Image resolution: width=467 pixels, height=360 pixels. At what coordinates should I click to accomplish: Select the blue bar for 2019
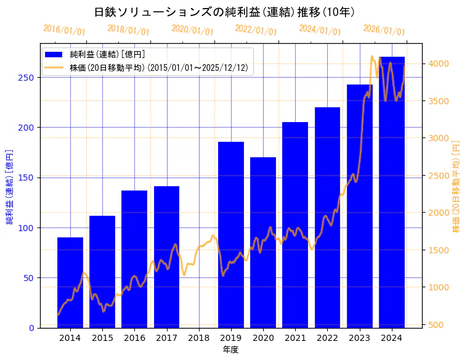pyautogui.click(x=231, y=234)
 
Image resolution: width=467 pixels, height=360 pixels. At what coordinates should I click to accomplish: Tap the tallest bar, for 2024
pyautogui.click(x=392, y=192)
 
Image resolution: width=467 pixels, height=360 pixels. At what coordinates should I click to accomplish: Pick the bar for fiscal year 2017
pyautogui.click(x=166, y=256)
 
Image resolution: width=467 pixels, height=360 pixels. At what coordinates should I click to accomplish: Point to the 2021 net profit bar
pyautogui.click(x=295, y=224)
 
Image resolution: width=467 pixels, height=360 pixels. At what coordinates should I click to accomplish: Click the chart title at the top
pyautogui.click(x=225, y=12)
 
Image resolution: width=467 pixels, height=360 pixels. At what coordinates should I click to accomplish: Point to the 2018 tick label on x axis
pyautogui.click(x=199, y=338)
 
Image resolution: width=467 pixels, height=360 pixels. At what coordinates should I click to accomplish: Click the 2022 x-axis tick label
pyautogui.click(x=327, y=338)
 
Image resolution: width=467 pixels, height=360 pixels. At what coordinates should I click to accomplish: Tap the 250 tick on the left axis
pyautogui.click(x=27, y=78)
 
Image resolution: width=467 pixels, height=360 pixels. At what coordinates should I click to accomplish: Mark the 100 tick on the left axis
pyautogui.click(x=27, y=228)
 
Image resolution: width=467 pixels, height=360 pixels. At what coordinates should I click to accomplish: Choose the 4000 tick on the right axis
pyautogui.click(x=439, y=63)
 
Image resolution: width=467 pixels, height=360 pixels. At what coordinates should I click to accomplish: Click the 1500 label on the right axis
pyautogui.click(x=439, y=250)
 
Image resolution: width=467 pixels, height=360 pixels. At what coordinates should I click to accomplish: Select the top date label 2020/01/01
pyautogui.click(x=192, y=30)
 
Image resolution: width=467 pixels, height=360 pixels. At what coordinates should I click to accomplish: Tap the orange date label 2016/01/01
pyautogui.click(x=64, y=30)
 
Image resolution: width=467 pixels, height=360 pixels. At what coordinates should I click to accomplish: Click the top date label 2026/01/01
pyautogui.click(x=384, y=30)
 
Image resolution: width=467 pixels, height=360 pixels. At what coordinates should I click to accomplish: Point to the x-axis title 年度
pyautogui.click(x=231, y=350)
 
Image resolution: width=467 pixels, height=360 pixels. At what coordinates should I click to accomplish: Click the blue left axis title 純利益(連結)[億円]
pyautogui.click(x=10, y=186)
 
